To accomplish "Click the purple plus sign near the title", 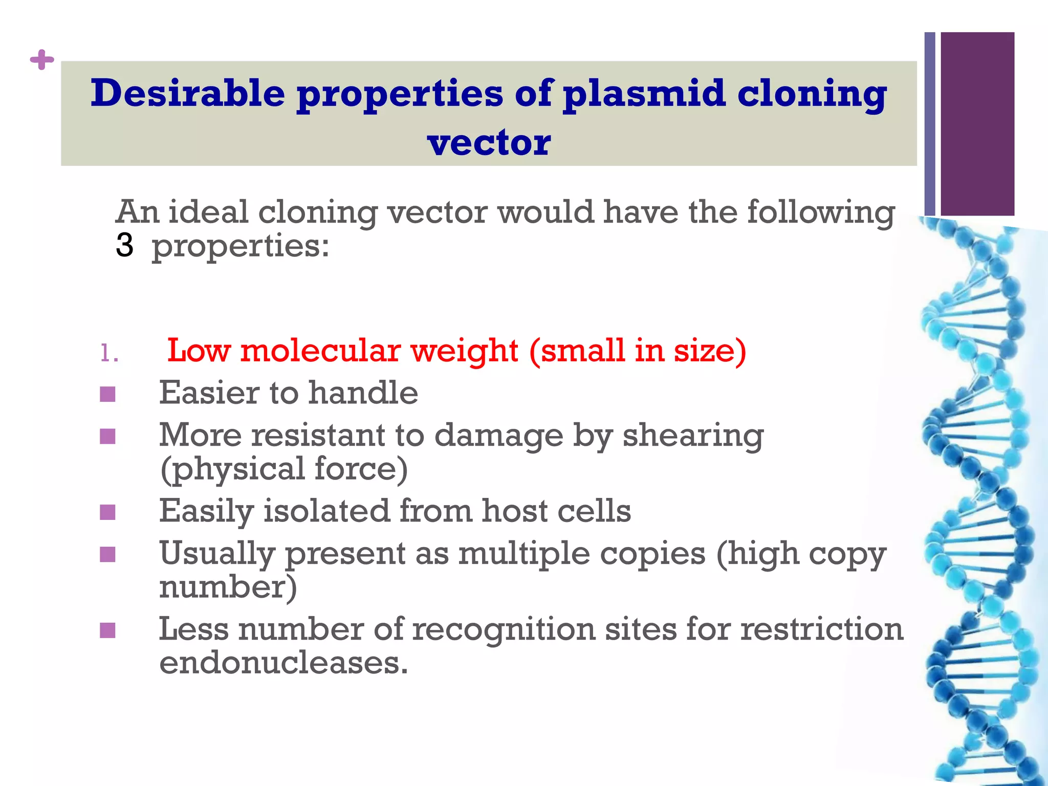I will pos(42,60).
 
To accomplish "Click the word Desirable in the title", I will pos(187,94).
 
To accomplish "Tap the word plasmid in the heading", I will pos(644,94).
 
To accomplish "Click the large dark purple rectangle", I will pos(977,123).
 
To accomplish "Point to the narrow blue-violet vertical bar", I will pos(930,123).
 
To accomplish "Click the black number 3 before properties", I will pos(124,245).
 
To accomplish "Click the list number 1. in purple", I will pos(109,353).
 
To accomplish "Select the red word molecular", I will pos(320,351).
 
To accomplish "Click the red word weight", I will pos(464,351).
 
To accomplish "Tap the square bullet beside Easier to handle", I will pos(107,394).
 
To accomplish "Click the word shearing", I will pos(693,436).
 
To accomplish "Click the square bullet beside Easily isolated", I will pos(107,512).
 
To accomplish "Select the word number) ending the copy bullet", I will pos(228,587).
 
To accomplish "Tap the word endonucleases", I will pos(283,663).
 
